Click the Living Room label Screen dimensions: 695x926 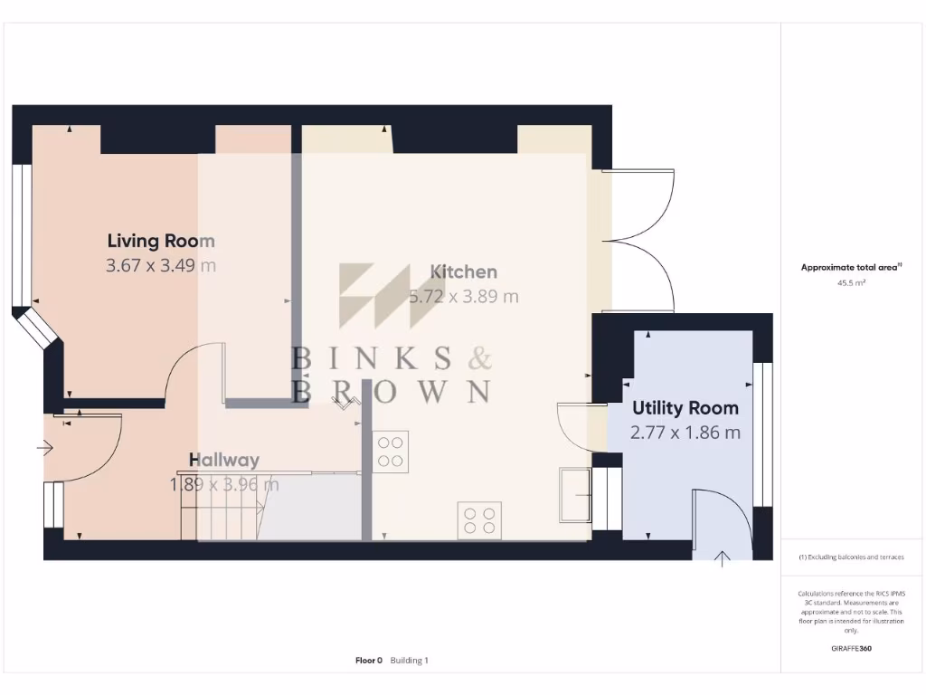pos(161,241)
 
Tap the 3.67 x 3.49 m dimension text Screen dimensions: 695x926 pos(161,265)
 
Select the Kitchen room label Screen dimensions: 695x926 pos(463,271)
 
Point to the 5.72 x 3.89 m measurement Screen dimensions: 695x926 pos(464,296)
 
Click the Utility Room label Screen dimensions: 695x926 pos(685,408)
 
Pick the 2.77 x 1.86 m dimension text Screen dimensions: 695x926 pos(685,433)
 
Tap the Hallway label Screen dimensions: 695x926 pos(224,460)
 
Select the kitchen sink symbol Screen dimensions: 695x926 pos(574,494)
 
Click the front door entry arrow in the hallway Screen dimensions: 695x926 pos(45,447)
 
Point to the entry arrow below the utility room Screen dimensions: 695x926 pos(722,558)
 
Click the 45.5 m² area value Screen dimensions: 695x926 pos(851,283)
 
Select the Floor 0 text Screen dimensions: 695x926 pos(369,661)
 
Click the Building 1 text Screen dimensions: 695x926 pos(410,661)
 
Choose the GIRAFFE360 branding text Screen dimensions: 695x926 pos(851,648)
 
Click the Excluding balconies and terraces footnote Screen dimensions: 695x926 pos(851,557)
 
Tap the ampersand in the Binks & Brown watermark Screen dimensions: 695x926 pos(479,359)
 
